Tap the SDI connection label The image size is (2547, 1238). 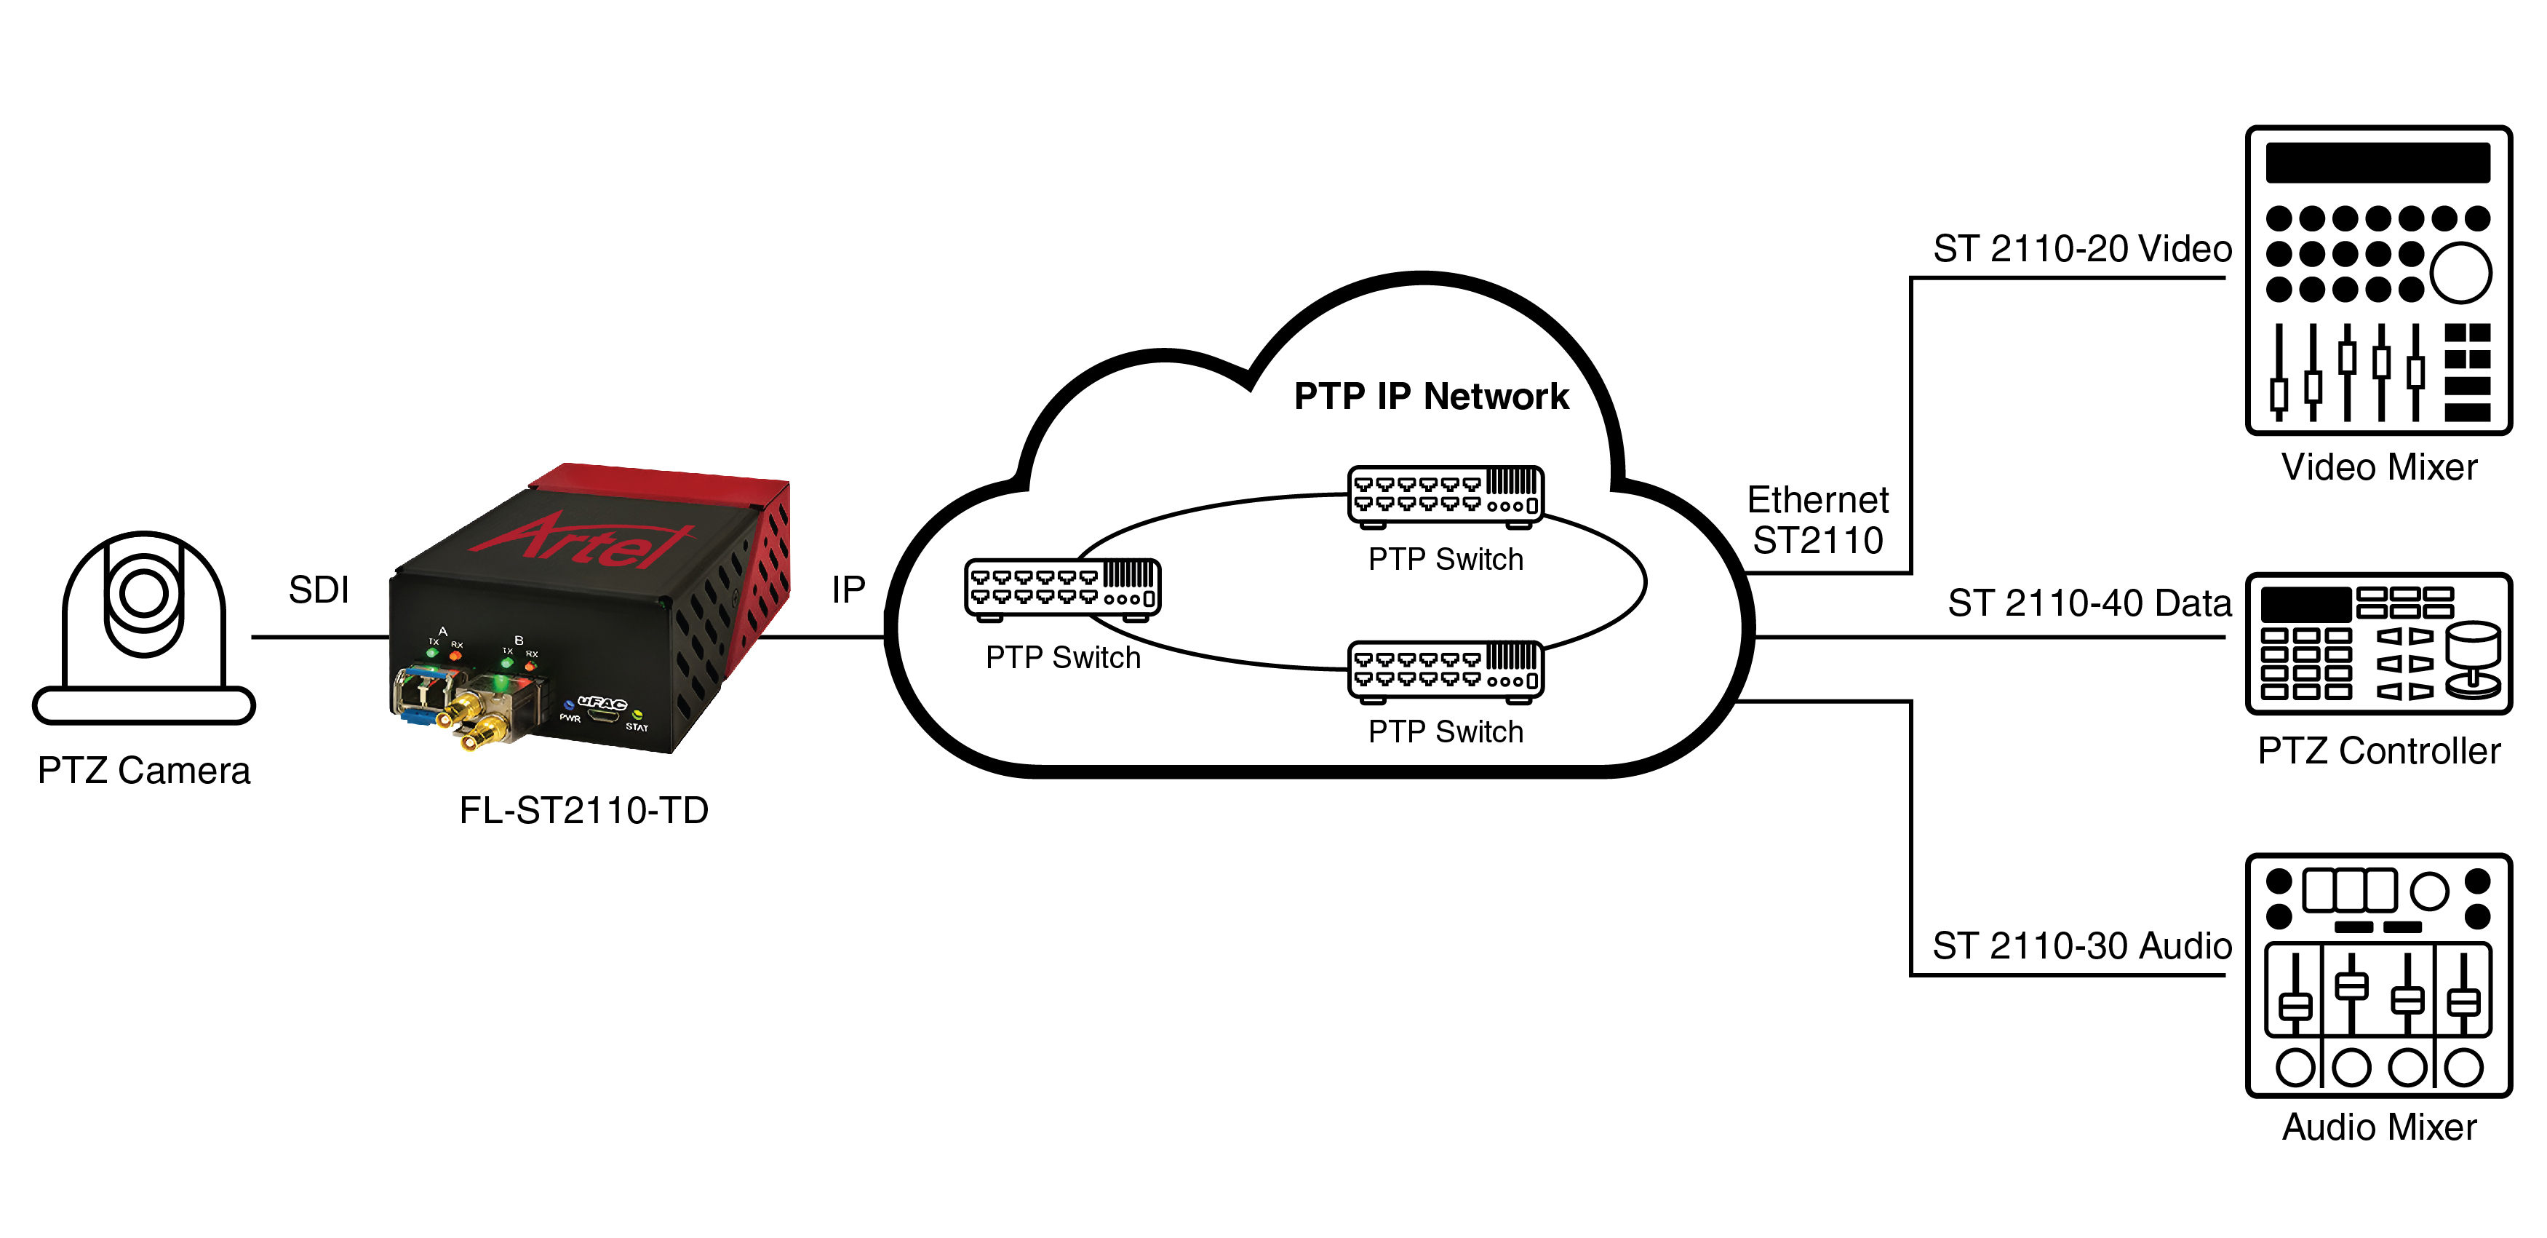tap(319, 590)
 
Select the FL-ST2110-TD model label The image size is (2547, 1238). tap(583, 811)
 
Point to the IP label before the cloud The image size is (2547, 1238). tap(848, 590)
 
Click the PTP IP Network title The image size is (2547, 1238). tap(1431, 397)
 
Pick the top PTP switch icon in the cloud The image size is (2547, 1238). tap(1446, 494)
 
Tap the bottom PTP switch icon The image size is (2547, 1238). tap(1446, 670)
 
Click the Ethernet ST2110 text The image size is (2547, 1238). tap(1817, 520)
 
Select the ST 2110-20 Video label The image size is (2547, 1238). tap(2082, 249)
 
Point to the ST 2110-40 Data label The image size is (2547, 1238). tap(2089, 603)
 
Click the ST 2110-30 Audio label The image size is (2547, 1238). tap(2082, 946)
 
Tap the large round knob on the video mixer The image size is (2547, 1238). tap(2460, 273)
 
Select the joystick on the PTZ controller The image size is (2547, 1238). tap(2473, 657)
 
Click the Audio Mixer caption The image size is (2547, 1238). tap(2379, 1127)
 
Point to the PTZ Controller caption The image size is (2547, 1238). tap(2379, 752)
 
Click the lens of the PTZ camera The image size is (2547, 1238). tap(144, 592)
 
